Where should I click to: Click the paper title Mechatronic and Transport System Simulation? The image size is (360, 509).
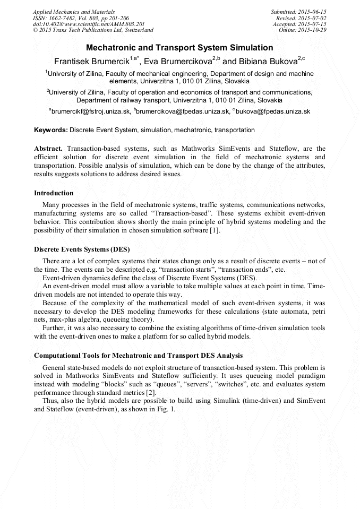coord(179,48)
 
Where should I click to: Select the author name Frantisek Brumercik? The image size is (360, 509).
coord(91,61)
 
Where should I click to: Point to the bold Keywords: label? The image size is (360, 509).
coord(51,130)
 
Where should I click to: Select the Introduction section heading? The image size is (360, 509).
coord(54,193)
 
